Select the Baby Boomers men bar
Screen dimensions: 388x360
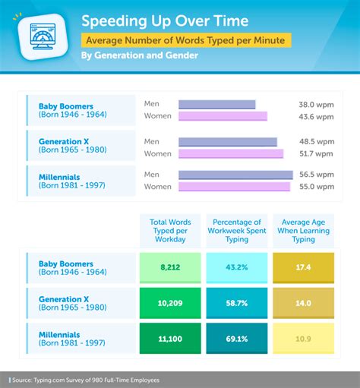click(x=217, y=105)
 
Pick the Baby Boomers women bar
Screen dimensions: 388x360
click(x=223, y=116)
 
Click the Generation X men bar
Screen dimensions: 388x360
click(x=228, y=141)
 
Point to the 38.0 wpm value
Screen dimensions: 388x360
click(x=315, y=105)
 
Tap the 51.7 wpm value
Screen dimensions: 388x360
click(x=315, y=153)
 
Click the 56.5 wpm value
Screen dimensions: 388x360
click(x=315, y=175)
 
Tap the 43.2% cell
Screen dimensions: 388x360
click(x=236, y=267)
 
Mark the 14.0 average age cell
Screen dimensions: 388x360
click(x=303, y=302)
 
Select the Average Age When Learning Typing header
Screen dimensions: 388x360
click(x=303, y=229)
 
